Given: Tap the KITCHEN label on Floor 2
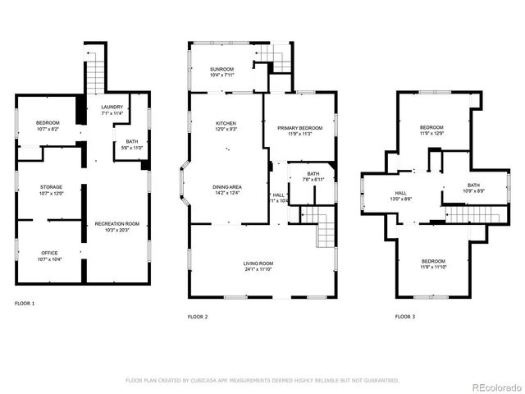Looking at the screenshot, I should (x=226, y=122).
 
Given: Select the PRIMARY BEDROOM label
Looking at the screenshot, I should (x=299, y=128).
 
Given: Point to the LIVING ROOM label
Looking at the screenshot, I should (x=258, y=263).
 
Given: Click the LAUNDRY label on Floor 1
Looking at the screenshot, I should (x=112, y=108).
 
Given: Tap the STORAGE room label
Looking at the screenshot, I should (x=52, y=187).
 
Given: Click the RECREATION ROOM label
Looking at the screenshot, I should (x=116, y=223).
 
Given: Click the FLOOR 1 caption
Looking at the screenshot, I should (x=25, y=304).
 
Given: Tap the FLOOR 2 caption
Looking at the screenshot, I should (x=198, y=316).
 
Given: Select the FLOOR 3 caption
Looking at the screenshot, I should (x=404, y=316).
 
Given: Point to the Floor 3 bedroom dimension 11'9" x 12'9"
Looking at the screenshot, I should (x=431, y=133).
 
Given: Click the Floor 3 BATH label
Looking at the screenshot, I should (x=473, y=185).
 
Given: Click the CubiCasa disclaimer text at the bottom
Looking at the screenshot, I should (x=262, y=380).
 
